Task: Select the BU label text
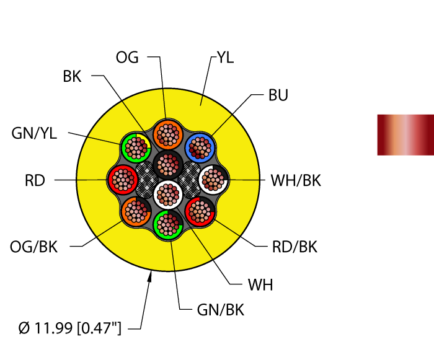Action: (x=278, y=95)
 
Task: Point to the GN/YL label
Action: (x=34, y=133)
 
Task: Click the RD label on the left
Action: (x=35, y=181)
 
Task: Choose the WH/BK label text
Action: (x=296, y=181)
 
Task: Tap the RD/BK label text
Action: (x=294, y=247)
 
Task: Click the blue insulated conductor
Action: (x=200, y=148)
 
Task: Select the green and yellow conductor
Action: (x=136, y=147)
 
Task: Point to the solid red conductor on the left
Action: (x=123, y=180)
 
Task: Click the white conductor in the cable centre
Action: (x=167, y=194)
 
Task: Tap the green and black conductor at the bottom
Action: (x=167, y=224)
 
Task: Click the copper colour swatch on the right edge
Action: (x=405, y=134)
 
